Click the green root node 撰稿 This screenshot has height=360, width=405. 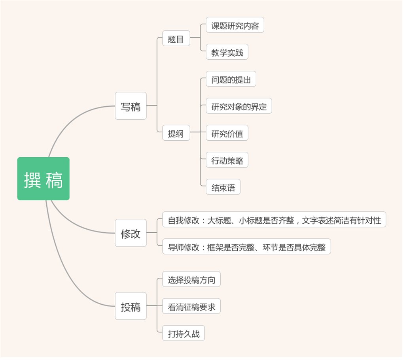coord(43,179)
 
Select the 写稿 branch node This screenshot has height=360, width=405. coord(131,106)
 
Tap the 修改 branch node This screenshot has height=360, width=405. coord(131,233)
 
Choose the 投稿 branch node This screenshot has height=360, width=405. coord(131,306)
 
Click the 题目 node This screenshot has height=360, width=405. coord(176,39)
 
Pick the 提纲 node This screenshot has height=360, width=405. coord(176,133)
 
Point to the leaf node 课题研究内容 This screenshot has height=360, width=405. coord(235,25)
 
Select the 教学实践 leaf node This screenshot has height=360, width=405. coord(227,52)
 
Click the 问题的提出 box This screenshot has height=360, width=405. coord(231,79)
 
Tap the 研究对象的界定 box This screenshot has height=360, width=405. coord(239,106)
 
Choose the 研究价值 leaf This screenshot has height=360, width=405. coord(227,133)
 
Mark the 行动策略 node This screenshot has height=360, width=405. coord(227,160)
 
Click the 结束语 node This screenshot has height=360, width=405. coord(223,187)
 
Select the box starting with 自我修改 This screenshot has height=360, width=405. coord(274,220)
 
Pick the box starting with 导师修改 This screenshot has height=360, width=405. coord(246,247)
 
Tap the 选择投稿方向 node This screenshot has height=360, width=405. coord(191,280)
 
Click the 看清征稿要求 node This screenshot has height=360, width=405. coord(191,307)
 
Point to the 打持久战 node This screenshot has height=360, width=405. coord(184,334)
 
